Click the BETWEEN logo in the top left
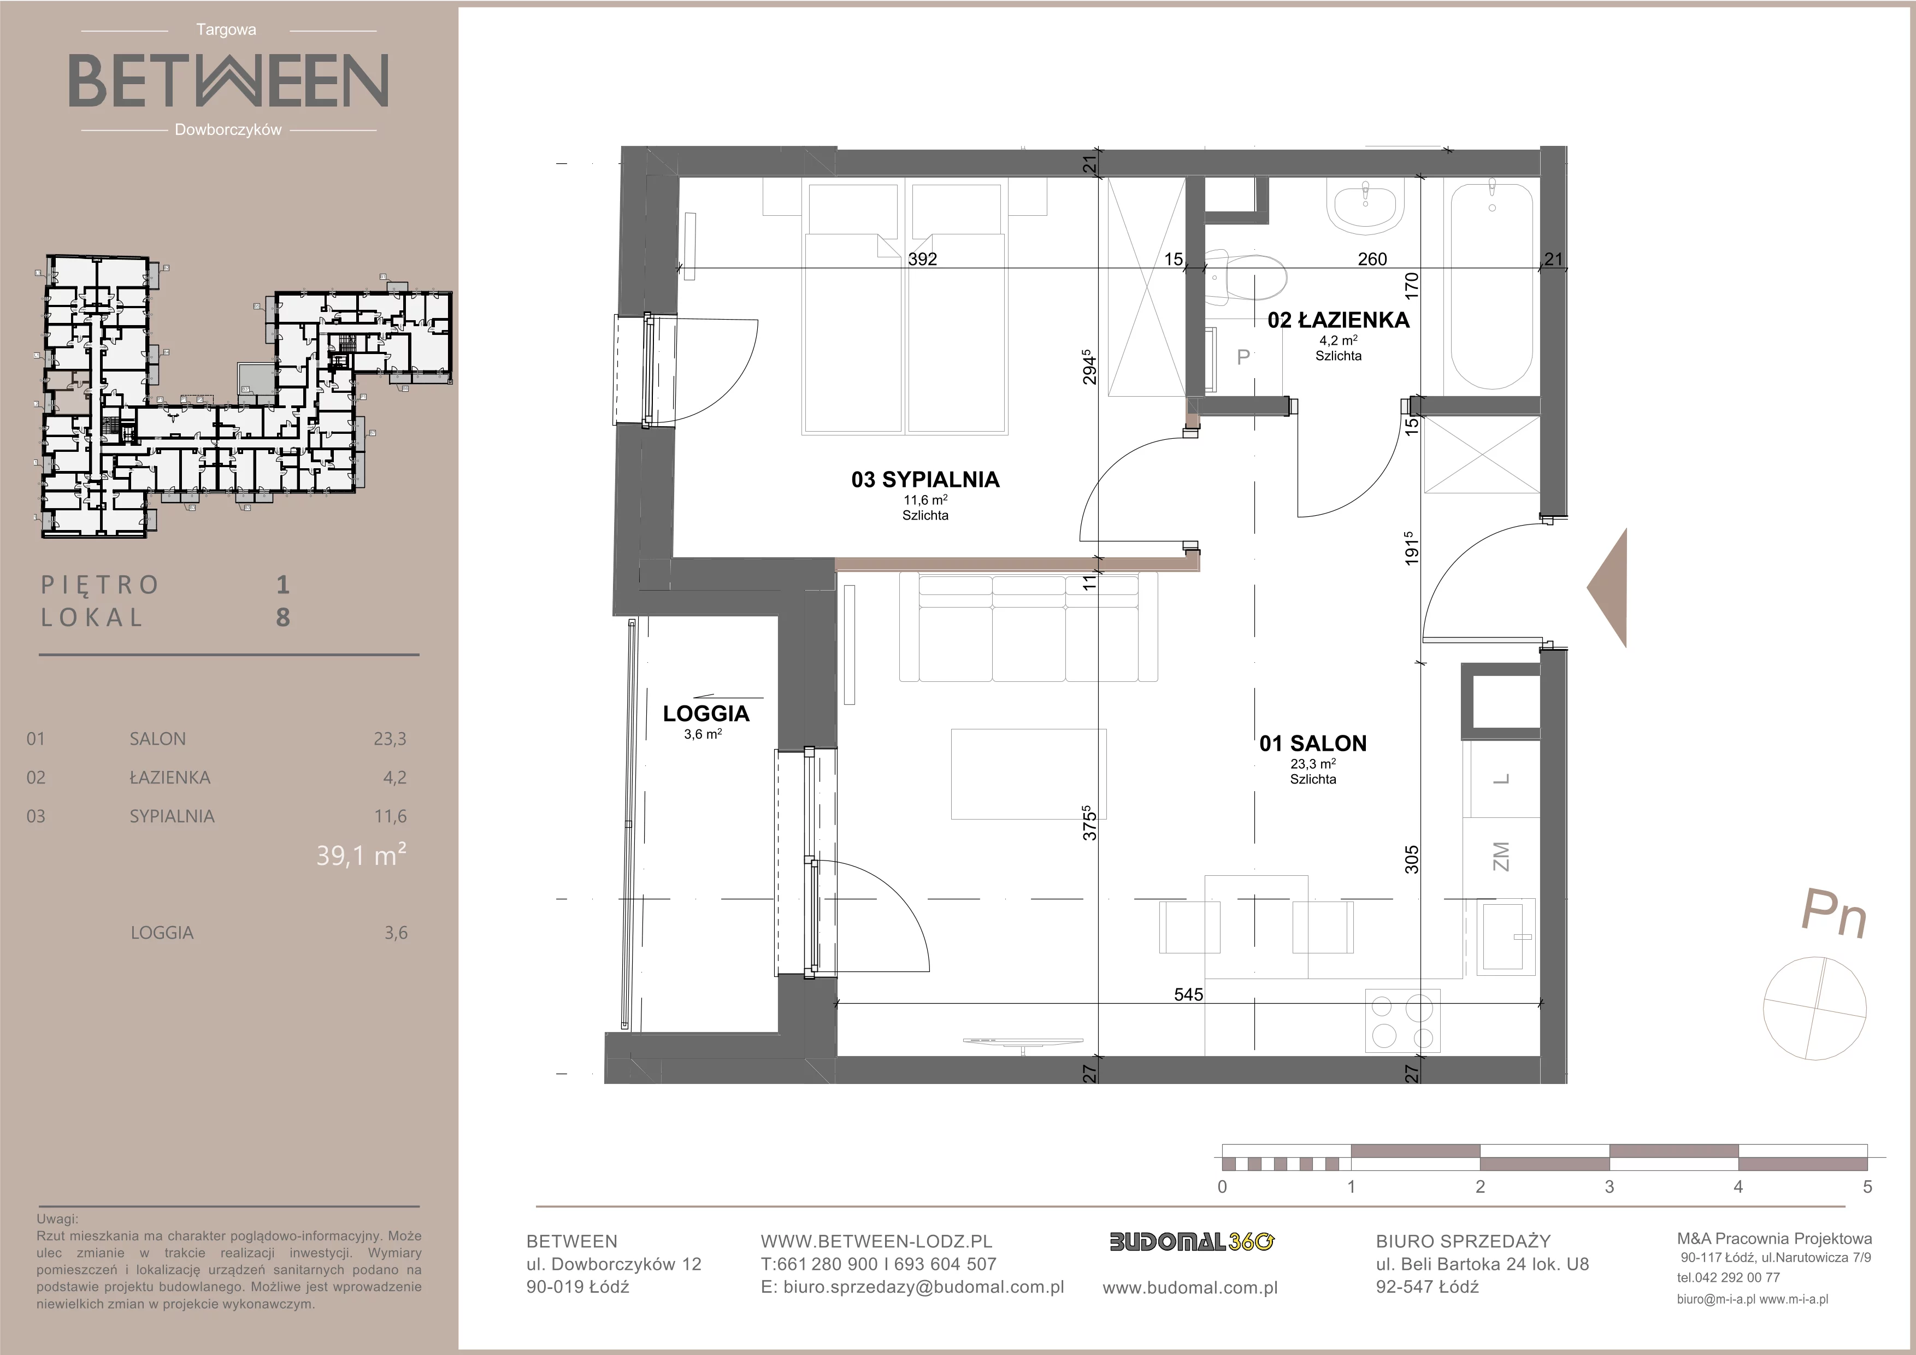pyautogui.click(x=228, y=80)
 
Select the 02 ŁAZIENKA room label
pyautogui.click(x=1339, y=320)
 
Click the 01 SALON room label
pyautogui.click(x=1313, y=744)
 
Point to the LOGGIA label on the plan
pyautogui.click(x=706, y=714)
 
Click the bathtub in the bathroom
pyautogui.click(x=1492, y=287)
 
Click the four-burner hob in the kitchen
pyautogui.click(x=1403, y=1021)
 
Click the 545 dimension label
pyautogui.click(x=1188, y=994)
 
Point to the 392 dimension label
pyautogui.click(x=922, y=260)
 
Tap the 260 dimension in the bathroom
pyautogui.click(x=1372, y=260)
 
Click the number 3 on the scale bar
pyautogui.click(x=1609, y=1187)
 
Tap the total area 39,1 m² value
pyautogui.click(x=361, y=855)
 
